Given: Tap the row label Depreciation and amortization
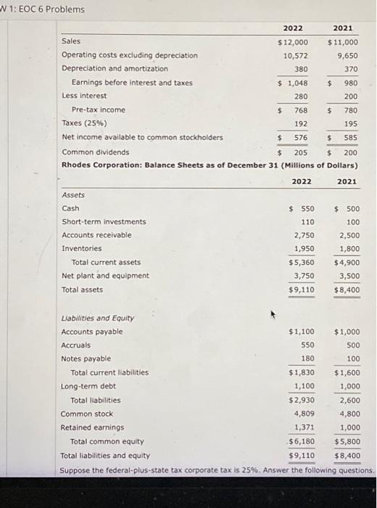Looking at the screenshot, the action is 115,69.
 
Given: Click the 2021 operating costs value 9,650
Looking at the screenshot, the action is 346,55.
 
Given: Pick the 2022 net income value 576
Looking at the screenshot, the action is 300,137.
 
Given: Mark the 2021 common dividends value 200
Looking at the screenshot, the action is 350,152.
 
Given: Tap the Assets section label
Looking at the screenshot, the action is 73,194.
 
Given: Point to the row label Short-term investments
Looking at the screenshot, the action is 104,221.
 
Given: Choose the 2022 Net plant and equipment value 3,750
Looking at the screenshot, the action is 303,276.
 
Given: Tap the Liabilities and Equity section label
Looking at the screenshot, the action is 97,318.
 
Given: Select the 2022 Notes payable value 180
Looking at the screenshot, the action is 307,359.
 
